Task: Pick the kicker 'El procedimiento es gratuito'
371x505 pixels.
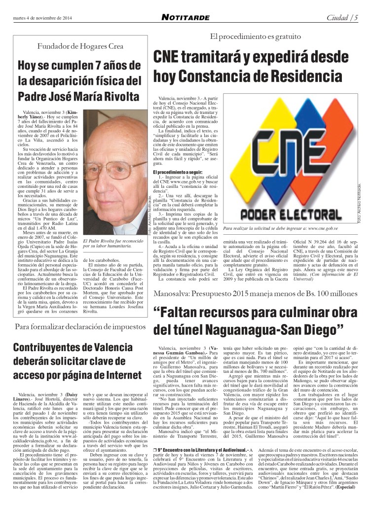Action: pyautogui.click(x=255, y=36)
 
